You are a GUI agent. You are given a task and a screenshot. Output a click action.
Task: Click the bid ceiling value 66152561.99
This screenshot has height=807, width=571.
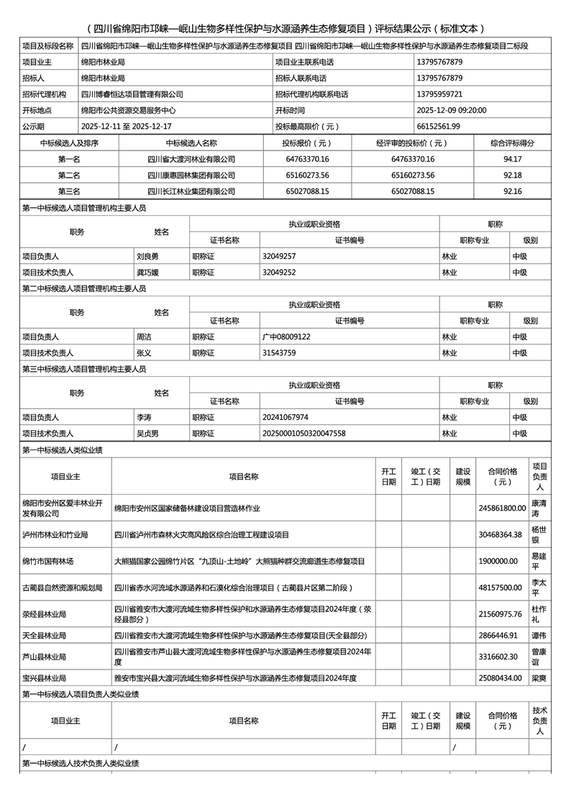(439, 127)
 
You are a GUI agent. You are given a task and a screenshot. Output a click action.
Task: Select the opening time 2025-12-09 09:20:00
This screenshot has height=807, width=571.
(452, 111)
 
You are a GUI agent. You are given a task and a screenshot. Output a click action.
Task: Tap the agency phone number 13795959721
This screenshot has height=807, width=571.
(439, 94)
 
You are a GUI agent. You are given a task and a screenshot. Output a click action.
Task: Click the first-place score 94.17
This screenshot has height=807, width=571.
(513, 159)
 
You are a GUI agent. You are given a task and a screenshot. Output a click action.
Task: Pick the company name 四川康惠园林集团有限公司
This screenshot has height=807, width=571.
(191, 175)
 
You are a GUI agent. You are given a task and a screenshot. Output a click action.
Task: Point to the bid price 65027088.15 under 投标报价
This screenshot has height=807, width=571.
(307, 191)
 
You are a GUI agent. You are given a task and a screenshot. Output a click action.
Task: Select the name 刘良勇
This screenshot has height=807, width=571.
(147, 256)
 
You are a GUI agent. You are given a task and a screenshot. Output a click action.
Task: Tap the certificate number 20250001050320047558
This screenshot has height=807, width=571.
(304, 434)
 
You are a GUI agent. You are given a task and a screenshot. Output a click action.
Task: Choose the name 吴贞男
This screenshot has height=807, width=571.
(147, 434)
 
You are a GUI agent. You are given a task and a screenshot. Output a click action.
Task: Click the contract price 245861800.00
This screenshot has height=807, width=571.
(502, 508)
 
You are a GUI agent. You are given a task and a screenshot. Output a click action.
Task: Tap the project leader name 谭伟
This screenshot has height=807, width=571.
(539, 636)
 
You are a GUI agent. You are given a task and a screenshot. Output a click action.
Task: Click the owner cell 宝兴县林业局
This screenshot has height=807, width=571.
(45, 678)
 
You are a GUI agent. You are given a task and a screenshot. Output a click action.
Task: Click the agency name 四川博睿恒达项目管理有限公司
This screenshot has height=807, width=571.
(132, 94)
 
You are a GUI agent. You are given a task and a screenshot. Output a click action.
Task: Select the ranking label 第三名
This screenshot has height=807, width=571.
(69, 191)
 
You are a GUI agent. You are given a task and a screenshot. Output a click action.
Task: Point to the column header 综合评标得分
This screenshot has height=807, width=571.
(513, 143)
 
